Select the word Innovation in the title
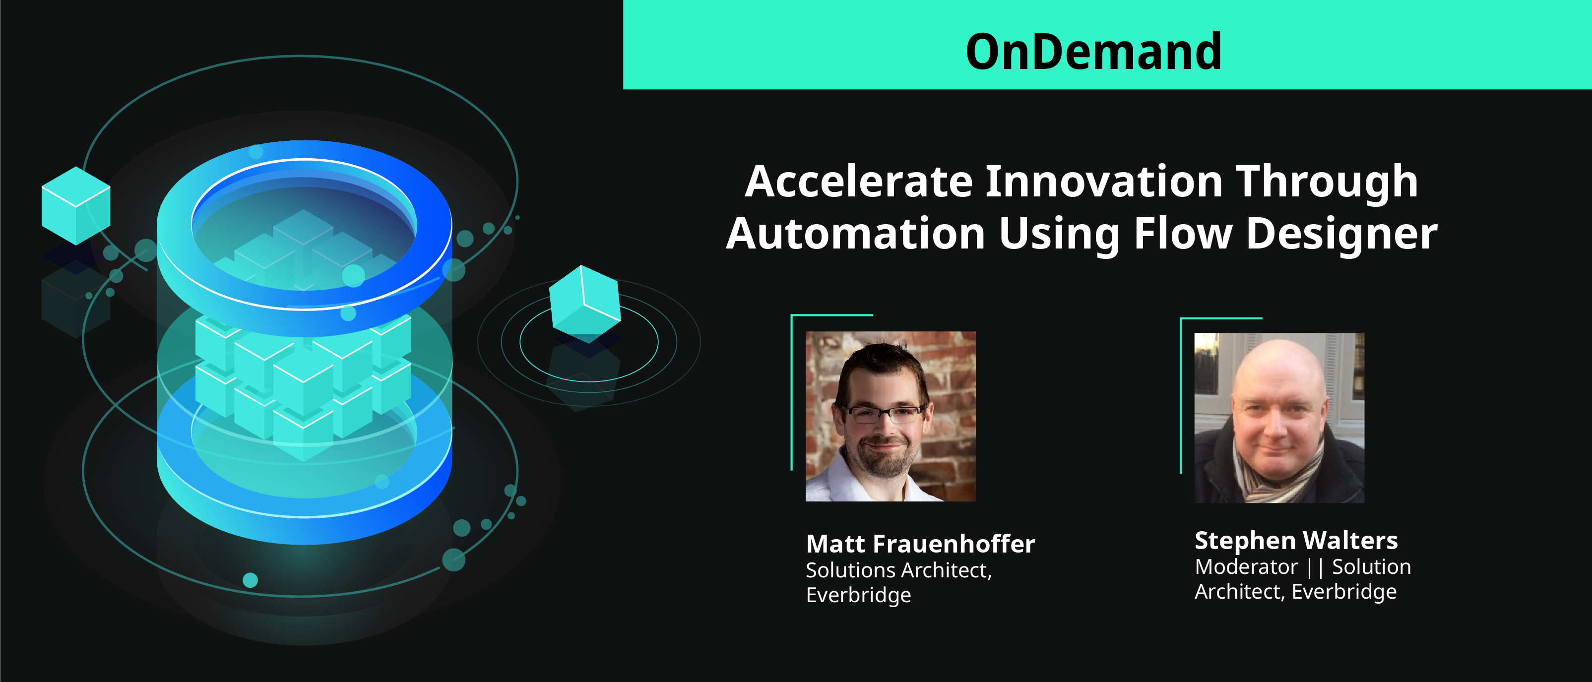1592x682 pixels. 1104,182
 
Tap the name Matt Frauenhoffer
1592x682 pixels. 920,544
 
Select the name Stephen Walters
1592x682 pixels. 1296,541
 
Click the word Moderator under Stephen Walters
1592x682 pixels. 1246,566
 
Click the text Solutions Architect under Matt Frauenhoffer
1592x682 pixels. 898,570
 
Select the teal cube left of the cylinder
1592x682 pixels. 76,206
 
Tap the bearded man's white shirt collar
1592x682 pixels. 865,478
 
